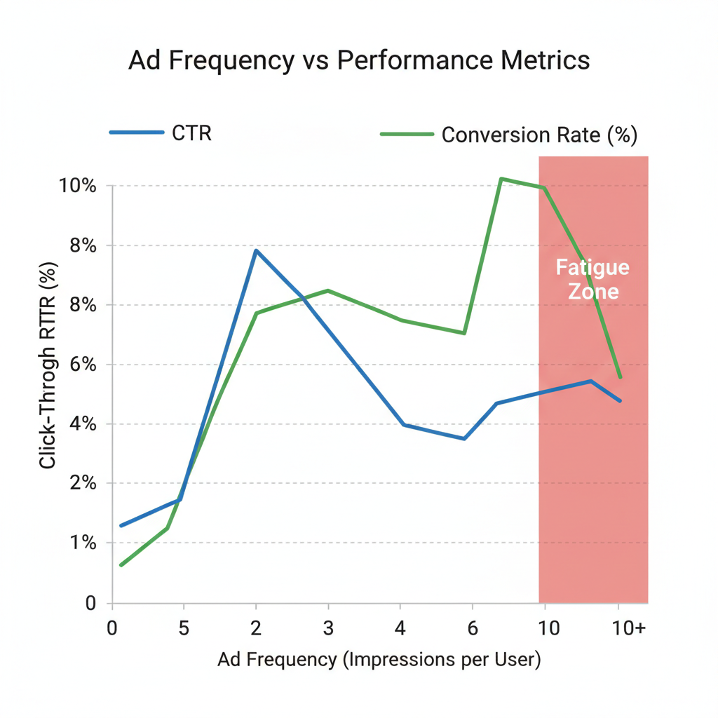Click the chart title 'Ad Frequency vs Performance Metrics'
[x=359, y=61]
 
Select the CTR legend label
[x=191, y=133]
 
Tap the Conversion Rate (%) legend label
[x=539, y=135]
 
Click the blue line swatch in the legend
[x=137, y=133]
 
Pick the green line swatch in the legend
[x=406, y=134]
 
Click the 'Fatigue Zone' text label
[x=592, y=279]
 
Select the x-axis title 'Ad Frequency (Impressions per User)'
[x=379, y=660]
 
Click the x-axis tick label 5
[x=184, y=628]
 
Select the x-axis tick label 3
[x=328, y=628]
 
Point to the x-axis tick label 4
[x=400, y=628]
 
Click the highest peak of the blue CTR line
[x=256, y=250]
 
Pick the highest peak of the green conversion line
[x=501, y=179]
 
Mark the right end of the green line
[x=620, y=377]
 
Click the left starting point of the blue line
[x=121, y=525]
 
